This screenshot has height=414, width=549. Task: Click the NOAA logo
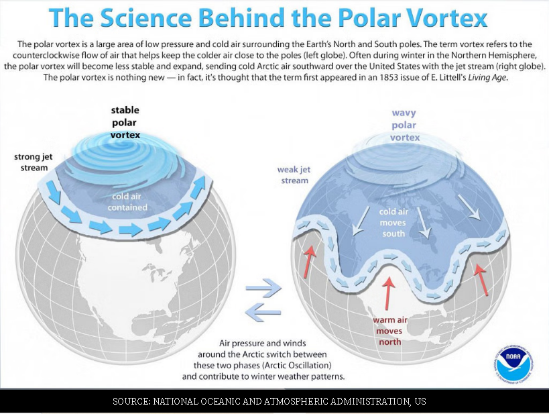point(514,363)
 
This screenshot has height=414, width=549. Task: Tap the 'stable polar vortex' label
point(125,122)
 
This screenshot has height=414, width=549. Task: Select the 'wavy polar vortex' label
point(404,125)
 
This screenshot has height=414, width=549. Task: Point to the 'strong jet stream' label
point(34,162)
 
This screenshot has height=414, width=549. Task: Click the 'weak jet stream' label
point(294,175)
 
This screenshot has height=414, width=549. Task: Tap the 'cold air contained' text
point(127,202)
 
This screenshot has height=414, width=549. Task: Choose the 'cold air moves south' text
point(393,223)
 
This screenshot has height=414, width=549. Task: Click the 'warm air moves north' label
point(389,331)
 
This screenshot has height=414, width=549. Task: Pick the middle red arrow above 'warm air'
point(388,293)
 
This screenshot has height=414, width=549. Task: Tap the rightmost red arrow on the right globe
point(481,279)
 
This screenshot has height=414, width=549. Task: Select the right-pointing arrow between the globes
point(263,288)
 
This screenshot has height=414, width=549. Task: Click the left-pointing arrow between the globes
point(263,312)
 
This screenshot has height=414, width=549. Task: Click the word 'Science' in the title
point(146,17)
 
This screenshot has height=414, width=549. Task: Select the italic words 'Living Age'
point(487,77)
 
